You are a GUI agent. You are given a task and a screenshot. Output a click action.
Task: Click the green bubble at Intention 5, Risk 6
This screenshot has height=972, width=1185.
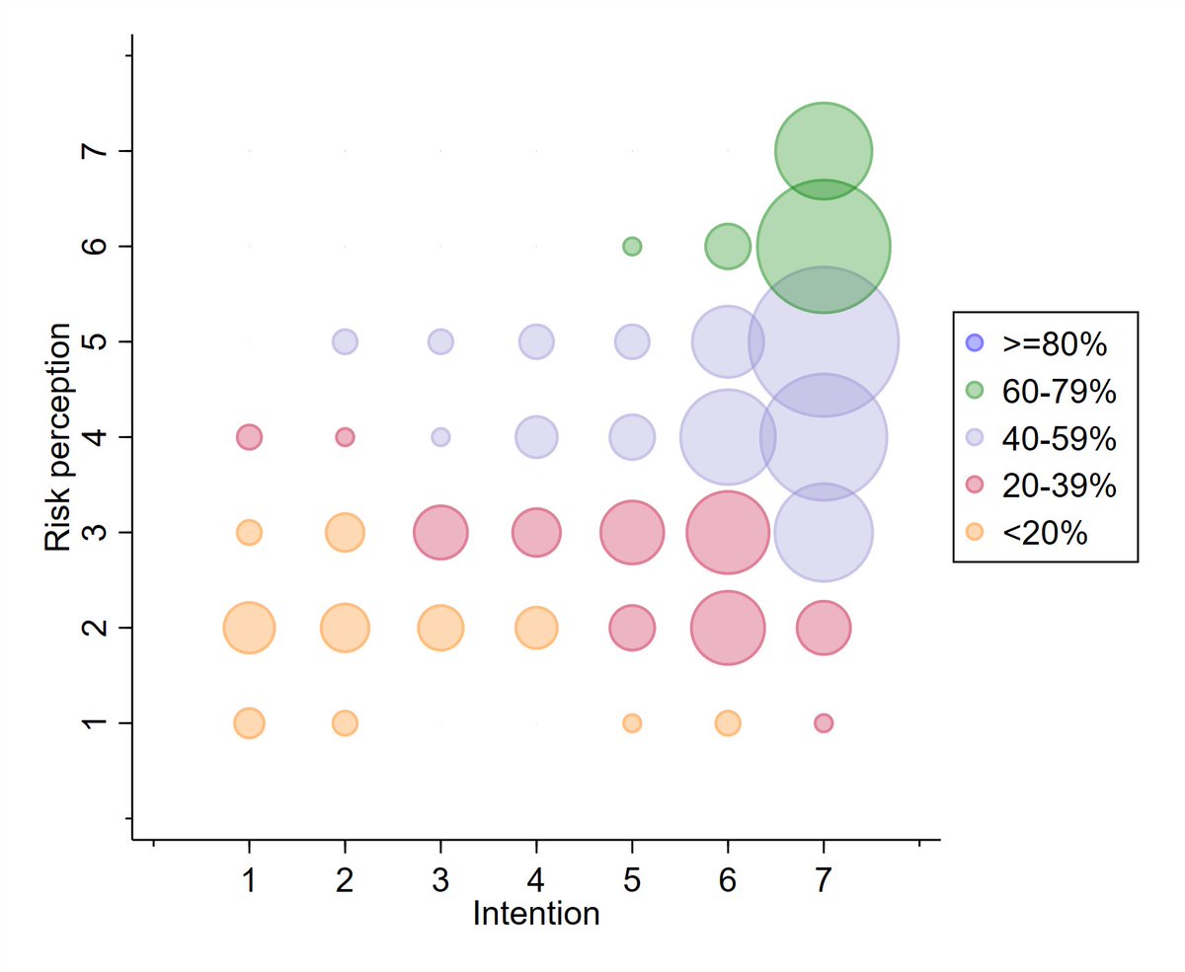pos(632,246)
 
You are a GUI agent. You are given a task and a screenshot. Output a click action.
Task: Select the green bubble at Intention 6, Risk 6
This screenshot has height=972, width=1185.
pos(728,246)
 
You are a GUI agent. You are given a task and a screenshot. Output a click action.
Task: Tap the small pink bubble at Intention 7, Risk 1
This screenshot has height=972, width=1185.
pos(824,723)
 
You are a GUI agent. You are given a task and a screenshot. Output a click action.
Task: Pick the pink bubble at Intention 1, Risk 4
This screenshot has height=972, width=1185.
pos(249,436)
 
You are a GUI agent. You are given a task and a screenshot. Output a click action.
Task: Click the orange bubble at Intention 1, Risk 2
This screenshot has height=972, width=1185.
pos(249,628)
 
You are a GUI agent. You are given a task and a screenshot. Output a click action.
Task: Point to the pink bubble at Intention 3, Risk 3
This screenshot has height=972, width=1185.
pos(440,532)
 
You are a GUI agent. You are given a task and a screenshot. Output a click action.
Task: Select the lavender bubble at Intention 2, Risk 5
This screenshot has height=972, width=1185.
pos(345,341)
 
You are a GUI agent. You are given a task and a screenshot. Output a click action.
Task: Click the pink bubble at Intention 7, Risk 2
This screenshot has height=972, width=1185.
pos(824,628)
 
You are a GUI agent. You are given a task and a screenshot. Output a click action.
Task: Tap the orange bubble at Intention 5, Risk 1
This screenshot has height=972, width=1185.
pos(632,723)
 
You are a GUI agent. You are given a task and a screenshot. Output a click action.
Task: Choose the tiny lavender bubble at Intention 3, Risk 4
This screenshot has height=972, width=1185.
pos(440,436)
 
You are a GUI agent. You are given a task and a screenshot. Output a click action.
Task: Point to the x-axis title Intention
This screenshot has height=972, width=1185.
pos(536,914)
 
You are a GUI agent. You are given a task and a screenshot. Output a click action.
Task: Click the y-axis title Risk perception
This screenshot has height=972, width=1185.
pos(57,436)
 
